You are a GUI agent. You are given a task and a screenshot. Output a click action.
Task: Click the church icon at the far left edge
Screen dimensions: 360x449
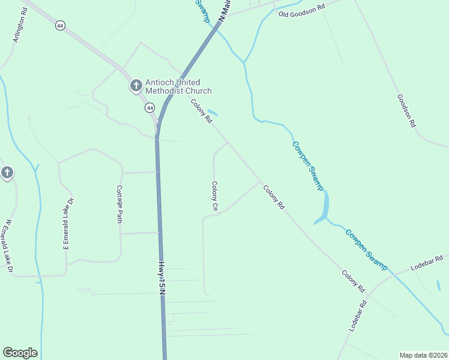pos(7,173)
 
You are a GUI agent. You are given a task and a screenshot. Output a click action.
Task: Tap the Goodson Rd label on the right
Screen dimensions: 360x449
pos(406,110)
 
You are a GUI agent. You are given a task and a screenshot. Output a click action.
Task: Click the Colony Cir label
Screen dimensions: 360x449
pos(214,196)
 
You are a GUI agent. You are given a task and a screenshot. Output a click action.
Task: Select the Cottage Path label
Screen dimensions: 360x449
pos(119,204)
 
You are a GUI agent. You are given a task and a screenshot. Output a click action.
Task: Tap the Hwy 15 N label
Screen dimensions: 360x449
pos(161,277)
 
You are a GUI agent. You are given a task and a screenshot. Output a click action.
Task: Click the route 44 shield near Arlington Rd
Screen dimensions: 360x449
pos(59,26)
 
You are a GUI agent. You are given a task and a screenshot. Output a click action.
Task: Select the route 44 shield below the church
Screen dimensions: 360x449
pos(149,107)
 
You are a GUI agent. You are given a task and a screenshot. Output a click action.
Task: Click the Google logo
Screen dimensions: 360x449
pos(20,353)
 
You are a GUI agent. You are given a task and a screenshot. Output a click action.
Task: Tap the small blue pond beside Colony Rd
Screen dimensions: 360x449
pos(212,113)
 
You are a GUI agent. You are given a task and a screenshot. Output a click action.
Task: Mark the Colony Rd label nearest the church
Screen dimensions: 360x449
pos(202,111)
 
